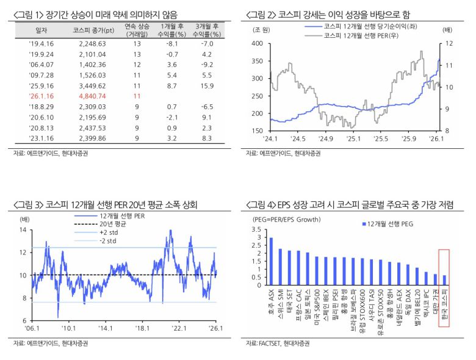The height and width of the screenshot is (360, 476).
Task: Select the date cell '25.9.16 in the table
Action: pyautogui.click(x=41, y=86)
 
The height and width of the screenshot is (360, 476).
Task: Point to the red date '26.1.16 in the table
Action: pyautogui.click(x=41, y=96)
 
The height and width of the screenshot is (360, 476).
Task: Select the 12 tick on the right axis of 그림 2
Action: pyautogui.click(x=449, y=43)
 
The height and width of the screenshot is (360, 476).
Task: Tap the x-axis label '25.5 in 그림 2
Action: pyautogui.click(x=381, y=139)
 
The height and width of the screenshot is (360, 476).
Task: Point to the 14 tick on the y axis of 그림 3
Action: pyautogui.click(x=23, y=230)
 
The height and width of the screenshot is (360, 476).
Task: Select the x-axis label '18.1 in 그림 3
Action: pyautogui.click(x=143, y=328)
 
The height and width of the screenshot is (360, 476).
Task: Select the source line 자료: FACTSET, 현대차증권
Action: pyautogui.click(x=278, y=344)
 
